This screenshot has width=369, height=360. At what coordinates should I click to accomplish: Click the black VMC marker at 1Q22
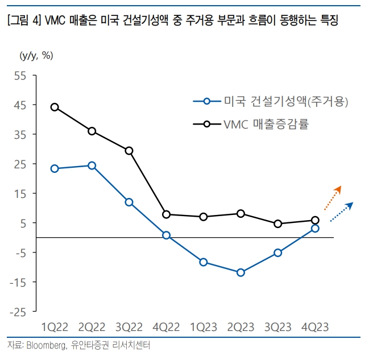pos(55,107)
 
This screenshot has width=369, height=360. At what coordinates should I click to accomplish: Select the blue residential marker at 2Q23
pos(241,272)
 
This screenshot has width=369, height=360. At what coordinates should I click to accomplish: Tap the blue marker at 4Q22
pos(166,235)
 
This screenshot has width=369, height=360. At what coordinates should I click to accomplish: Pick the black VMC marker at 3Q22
pos(129,151)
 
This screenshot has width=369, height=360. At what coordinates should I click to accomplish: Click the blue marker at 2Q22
pos(92,165)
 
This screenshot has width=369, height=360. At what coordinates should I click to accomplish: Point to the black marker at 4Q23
pos(315,220)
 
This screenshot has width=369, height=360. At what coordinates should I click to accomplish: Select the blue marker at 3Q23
pos(278,253)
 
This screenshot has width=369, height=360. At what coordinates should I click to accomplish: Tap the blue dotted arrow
pos(342,211)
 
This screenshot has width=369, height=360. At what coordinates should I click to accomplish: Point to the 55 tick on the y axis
pos(20,76)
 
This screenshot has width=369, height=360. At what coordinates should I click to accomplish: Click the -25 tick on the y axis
pos(18,312)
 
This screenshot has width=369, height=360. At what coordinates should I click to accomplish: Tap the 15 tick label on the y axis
pos(20,193)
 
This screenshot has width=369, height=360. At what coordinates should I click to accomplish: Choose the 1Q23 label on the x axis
pos(204,327)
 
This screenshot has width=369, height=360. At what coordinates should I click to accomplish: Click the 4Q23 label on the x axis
pos(315,327)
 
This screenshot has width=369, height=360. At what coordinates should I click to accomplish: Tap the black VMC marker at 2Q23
pos(241,214)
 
